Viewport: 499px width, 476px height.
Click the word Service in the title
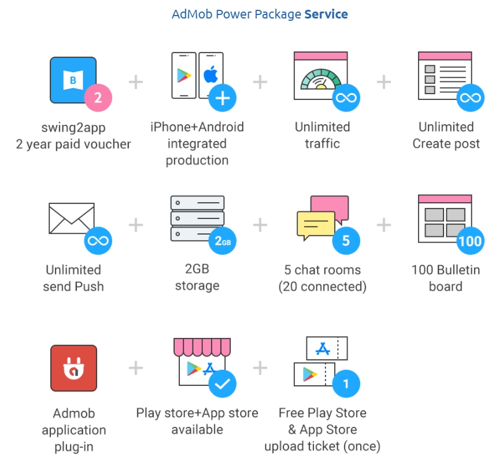326,14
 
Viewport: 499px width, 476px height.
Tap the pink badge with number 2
98,98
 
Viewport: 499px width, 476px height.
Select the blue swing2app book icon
73,80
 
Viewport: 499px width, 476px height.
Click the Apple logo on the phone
210,75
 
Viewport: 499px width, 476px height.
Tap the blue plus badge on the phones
222,98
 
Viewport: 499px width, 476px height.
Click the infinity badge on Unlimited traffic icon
346,98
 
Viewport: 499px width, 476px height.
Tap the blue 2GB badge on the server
222,241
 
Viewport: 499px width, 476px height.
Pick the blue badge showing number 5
346,241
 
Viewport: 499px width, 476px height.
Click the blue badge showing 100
470,241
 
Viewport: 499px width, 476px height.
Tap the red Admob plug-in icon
73,368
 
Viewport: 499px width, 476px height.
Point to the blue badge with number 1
346,384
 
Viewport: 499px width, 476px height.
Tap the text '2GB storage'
197,277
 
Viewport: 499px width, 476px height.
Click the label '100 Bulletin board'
445,278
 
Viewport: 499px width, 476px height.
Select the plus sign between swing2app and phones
135,82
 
